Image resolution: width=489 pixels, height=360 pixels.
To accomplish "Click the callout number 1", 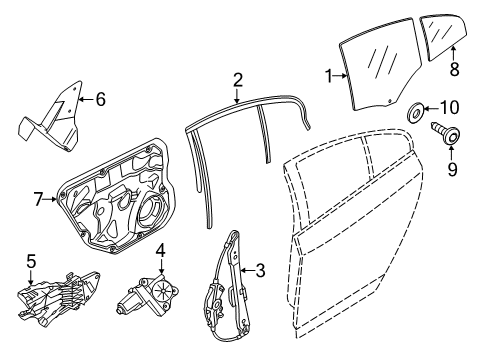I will pyautogui.click(x=329, y=75).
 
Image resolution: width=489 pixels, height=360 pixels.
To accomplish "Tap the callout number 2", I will pyautogui.click(x=238, y=79).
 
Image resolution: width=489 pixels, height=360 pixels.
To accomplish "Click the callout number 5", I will pyautogui.click(x=30, y=263).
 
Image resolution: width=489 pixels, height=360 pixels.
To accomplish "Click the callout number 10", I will pyautogui.click(x=449, y=106).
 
